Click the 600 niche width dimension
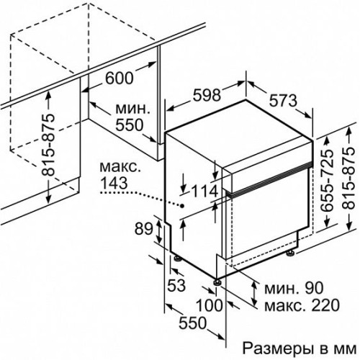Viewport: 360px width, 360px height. click(120, 78)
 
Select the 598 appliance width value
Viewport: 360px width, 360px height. click(207, 95)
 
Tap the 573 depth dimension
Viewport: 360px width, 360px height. click(283, 101)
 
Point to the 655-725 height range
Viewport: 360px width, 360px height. click(328, 181)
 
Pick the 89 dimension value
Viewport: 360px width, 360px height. click(143, 228)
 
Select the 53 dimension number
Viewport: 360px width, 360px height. click(176, 285)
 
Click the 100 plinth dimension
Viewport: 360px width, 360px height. click(210, 305)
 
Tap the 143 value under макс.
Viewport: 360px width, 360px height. click(114, 183)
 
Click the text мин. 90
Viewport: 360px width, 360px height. click(294, 288)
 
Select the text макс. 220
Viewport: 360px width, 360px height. click(302, 305)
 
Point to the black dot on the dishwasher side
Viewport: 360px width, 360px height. click(182, 206)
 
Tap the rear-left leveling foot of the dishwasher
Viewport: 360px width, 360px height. click(178, 258)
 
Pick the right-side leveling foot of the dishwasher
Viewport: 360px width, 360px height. click(290, 253)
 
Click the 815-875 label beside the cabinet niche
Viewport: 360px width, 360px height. click(48, 145)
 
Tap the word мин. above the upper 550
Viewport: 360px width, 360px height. click(132, 109)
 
